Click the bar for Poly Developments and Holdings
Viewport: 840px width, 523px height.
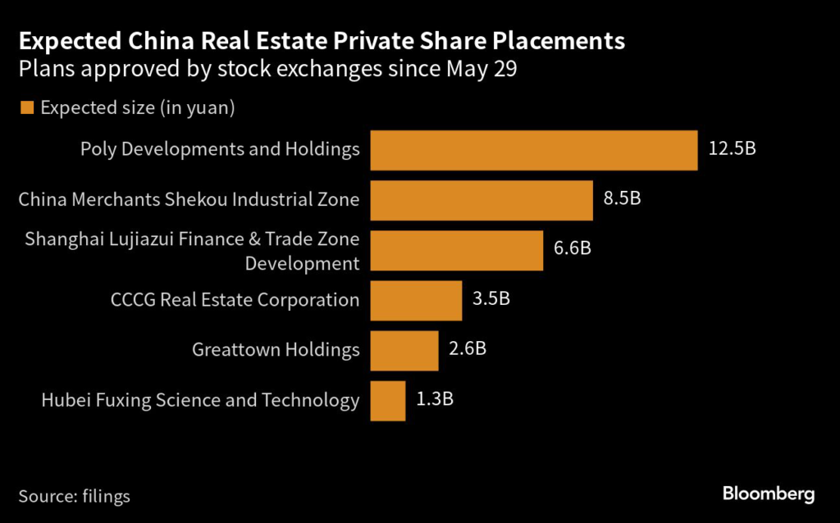[534, 150]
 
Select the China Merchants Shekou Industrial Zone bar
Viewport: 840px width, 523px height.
[482, 200]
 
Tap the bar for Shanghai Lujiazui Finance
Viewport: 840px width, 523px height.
[457, 250]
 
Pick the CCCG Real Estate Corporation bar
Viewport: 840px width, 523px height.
[417, 300]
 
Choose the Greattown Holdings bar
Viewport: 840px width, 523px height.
[404, 350]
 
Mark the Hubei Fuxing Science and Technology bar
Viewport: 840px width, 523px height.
[388, 400]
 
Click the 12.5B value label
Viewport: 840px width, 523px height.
[732, 150]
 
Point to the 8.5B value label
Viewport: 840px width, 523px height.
[622, 200]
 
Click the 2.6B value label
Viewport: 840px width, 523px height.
[468, 350]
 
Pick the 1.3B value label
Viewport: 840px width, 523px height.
[435, 400]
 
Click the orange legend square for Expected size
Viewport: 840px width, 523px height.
[26, 107]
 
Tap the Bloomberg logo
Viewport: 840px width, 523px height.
[768, 493]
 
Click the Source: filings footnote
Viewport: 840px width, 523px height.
[74, 496]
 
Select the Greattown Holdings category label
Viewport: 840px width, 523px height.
[276, 350]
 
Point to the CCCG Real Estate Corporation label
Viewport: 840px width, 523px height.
[235, 300]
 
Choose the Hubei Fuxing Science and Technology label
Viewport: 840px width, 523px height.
[200, 400]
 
